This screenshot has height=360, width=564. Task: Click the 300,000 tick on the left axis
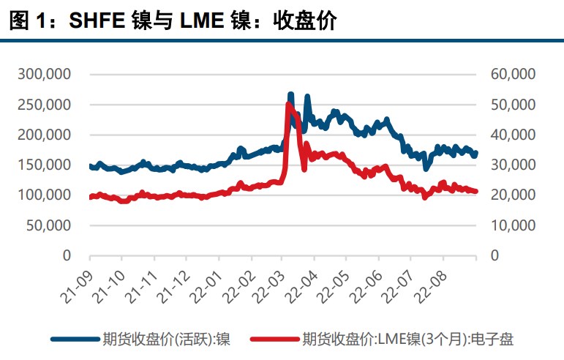44,74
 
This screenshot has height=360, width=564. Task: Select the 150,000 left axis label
44,165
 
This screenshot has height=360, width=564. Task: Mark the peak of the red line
287,105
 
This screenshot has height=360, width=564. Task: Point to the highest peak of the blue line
290,94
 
